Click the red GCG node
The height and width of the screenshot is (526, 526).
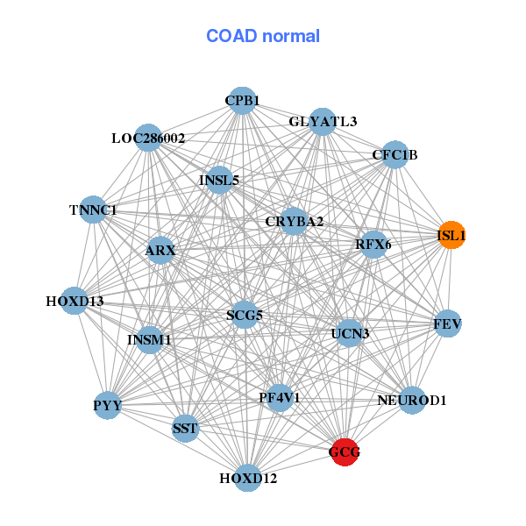[345, 452]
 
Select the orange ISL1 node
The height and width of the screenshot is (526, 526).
[451, 236]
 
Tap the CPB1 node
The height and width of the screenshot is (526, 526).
[242, 101]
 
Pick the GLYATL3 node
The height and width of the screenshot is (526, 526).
[323, 123]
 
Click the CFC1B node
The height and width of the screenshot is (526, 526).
[394, 156]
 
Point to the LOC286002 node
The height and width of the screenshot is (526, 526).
[148, 139]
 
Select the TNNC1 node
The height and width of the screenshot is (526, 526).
[93, 210]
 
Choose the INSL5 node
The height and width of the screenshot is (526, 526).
[219, 181]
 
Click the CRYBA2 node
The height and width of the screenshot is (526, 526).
[295, 222]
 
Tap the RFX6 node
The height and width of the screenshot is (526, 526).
[373, 245]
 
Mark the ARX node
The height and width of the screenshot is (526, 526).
[160, 252]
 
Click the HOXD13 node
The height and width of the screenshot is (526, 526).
[75, 302]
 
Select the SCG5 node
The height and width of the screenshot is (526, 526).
[245, 315]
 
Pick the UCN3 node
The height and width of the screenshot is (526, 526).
[350, 333]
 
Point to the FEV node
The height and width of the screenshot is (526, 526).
[447, 324]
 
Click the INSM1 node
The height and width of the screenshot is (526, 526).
[149, 339]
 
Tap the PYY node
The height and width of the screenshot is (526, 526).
[108, 405]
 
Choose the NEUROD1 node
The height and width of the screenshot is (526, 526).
[412, 401]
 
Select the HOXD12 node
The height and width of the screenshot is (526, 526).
[248, 479]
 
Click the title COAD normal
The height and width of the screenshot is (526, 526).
[263, 36]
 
